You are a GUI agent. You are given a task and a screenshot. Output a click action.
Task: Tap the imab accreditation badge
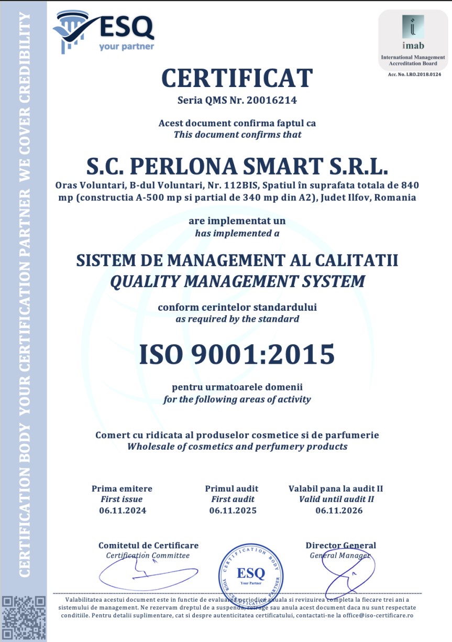tap(413, 40)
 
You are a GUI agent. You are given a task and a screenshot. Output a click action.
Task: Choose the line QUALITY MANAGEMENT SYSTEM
tap(237, 281)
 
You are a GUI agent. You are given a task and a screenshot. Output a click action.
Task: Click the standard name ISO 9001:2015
tap(237, 354)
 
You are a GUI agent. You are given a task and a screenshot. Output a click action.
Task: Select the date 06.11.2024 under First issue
tap(122, 510)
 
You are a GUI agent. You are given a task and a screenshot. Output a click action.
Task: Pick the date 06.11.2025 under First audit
tap(233, 510)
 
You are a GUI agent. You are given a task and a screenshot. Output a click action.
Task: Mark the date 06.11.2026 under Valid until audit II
tap(339, 510)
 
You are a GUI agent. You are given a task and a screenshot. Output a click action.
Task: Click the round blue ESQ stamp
tap(251, 573)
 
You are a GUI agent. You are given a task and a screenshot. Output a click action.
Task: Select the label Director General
tap(340, 546)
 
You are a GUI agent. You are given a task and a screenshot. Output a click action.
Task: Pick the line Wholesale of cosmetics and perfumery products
tap(237, 447)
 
